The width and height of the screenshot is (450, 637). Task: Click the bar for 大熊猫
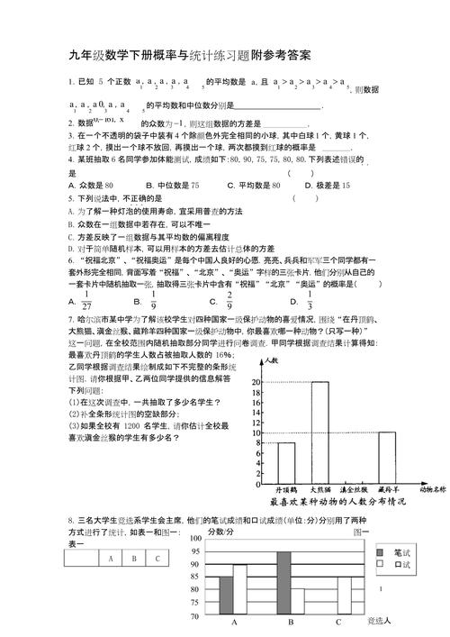tap(319, 432)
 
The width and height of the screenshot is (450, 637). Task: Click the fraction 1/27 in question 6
tap(86, 299)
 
